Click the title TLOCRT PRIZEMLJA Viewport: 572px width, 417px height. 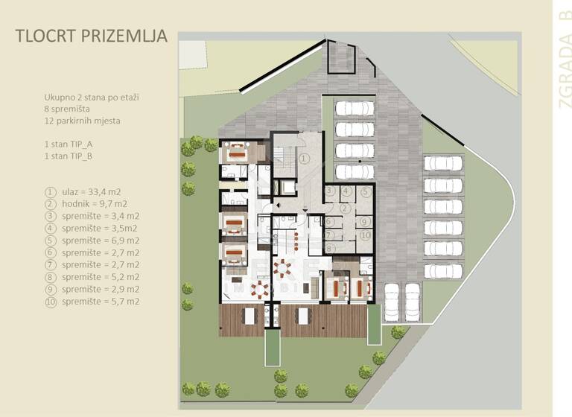point(92,36)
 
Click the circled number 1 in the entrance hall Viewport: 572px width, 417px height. point(303,158)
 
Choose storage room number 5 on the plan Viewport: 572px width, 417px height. point(364,191)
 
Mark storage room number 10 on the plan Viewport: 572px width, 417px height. point(364,235)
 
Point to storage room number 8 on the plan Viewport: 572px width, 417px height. point(329,247)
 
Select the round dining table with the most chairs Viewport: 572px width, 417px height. point(283,267)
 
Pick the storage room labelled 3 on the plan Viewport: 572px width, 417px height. point(329,191)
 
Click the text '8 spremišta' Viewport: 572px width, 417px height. point(66,109)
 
